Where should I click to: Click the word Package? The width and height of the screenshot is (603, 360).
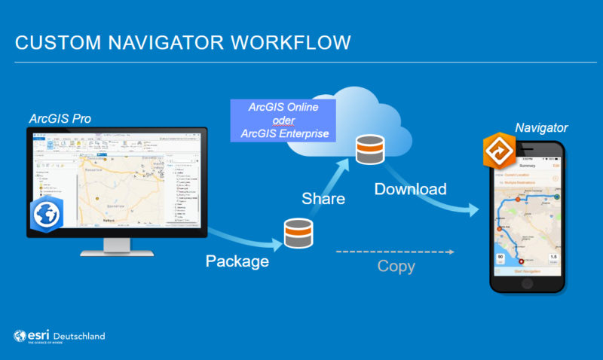tap(238, 261)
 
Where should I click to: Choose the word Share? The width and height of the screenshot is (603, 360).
tap(323, 199)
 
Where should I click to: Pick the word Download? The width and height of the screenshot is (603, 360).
tap(411, 189)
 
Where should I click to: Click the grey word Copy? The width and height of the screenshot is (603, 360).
tap(396, 267)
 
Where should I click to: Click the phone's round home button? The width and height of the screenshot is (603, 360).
tap(528, 285)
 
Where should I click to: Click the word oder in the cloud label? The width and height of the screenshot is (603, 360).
tap(283, 121)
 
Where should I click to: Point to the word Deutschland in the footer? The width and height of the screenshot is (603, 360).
tap(78, 336)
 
